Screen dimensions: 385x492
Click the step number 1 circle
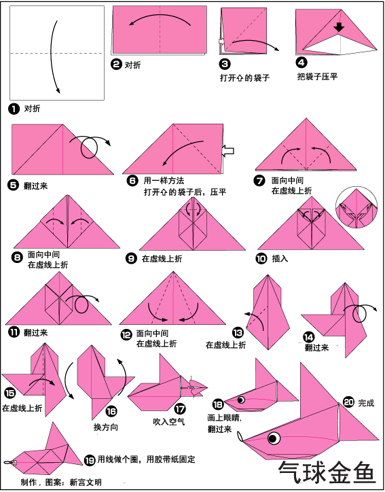point(14,109)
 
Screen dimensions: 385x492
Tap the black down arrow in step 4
point(339,27)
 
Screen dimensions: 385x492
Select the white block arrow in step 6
point(228,151)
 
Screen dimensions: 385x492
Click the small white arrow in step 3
point(221,41)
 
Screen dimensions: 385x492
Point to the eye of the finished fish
point(274,438)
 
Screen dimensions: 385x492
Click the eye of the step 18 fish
point(241,400)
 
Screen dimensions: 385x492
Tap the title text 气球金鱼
point(327,472)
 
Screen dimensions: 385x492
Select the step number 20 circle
point(348,402)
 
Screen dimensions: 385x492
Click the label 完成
point(366,403)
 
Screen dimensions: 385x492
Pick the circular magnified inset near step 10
point(356,207)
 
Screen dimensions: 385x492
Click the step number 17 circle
point(180,409)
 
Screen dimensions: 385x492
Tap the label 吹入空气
point(168,422)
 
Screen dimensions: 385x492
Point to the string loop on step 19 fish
point(9,462)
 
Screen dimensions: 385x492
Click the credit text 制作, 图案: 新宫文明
point(61,482)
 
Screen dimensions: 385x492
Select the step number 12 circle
point(126,335)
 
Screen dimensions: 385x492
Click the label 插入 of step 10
point(280,258)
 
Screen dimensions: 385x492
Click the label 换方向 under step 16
point(106,427)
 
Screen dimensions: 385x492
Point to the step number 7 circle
point(259,181)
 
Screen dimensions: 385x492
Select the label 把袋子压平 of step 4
point(317,76)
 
